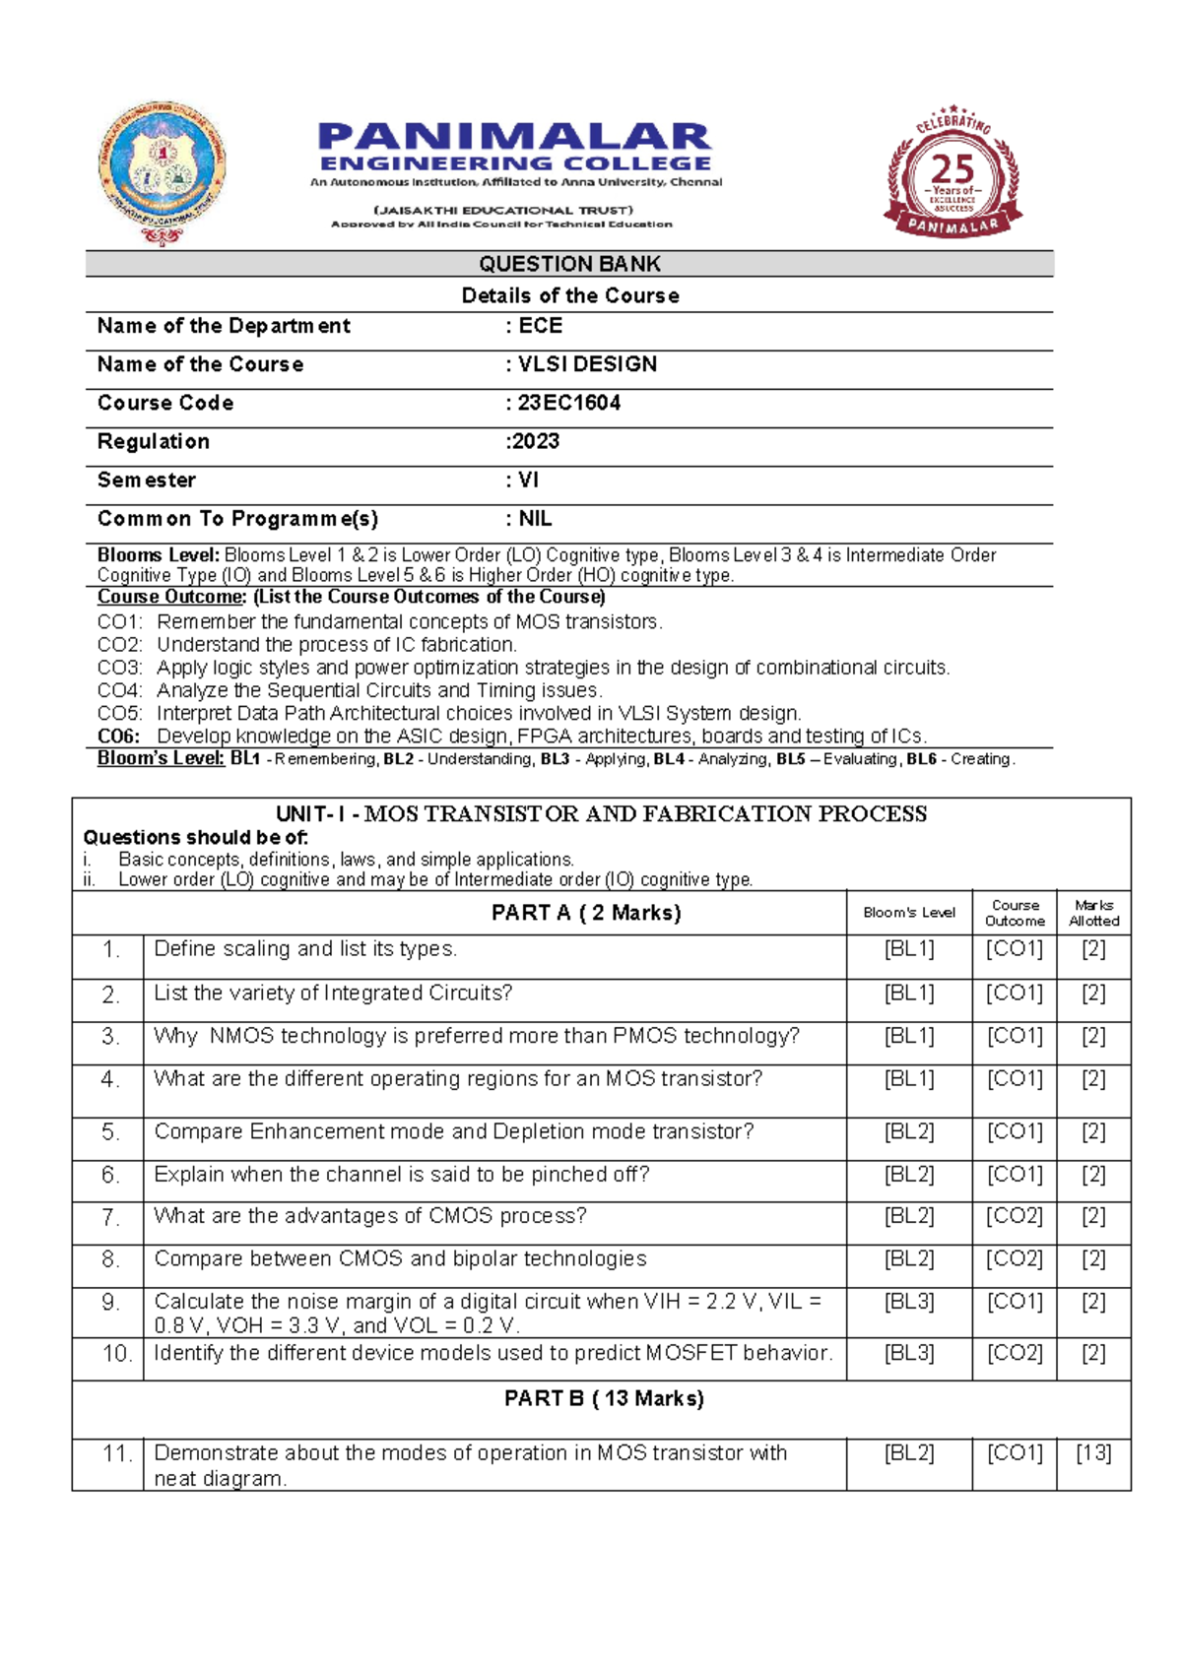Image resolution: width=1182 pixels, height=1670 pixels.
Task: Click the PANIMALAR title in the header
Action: [x=514, y=138]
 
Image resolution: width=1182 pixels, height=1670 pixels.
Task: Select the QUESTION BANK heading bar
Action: [x=569, y=264]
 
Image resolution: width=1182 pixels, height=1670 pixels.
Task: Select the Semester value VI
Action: [x=529, y=481]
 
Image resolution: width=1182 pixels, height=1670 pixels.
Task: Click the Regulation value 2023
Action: [x=535, y=441]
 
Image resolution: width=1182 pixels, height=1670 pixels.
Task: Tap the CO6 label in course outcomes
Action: [x=118, y=737]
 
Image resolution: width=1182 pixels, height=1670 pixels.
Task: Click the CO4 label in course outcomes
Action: [x=119, y=691]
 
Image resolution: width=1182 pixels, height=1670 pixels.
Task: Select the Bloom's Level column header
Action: [x=909, y=913]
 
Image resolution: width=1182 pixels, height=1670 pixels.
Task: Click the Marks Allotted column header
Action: [x=1093, y=913]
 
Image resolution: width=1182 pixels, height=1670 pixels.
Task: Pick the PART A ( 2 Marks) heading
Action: [x=586, y=913]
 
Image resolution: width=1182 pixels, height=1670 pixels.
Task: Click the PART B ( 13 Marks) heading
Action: [x=604, y=1399]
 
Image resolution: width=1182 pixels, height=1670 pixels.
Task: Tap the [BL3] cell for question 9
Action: [x=909, y=1302]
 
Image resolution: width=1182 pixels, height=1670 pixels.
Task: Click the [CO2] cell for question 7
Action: [x=1015, y=1216]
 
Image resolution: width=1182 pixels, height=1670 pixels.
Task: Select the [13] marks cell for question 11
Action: [x=1093, y=1453]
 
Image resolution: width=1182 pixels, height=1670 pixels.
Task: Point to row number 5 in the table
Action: [x=109, y=1132]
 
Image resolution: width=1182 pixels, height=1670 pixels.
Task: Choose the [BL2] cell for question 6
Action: [x=909, y=1175]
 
